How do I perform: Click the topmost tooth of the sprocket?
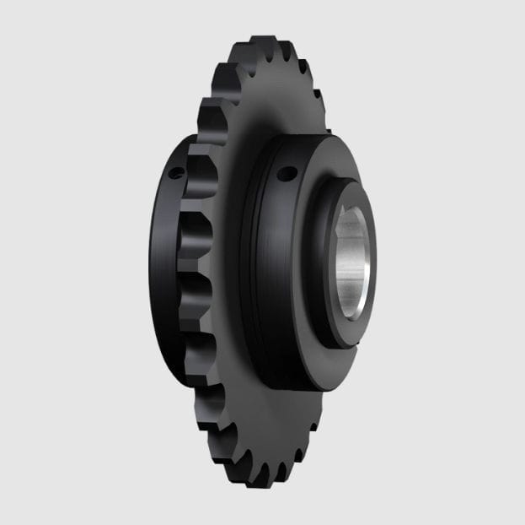point(264,42)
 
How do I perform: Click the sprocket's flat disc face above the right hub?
point(270,101)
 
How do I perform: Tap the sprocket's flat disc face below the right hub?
point(270,422)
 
